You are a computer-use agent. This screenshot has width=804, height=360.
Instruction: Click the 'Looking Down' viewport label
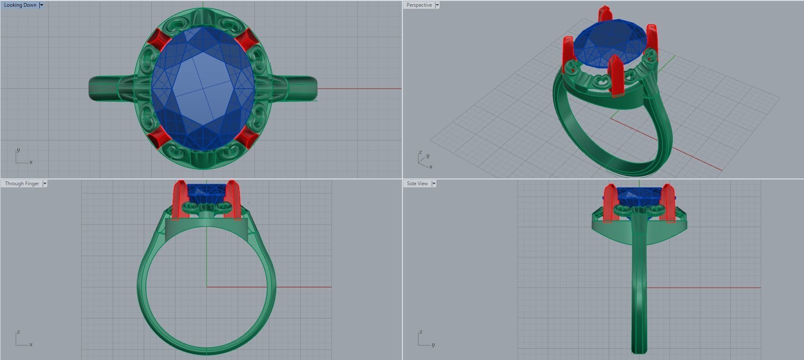click(20, 5)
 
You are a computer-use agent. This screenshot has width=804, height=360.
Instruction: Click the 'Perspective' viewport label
click(419, 5)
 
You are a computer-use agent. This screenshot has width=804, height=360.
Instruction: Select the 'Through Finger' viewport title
click(22, 184)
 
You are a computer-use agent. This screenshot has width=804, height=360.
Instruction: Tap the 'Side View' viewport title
click(417, 184)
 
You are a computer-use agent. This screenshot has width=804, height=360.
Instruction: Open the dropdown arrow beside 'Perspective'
click(437, 5)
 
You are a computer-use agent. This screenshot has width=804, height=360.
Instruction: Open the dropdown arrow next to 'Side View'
click(434, 184)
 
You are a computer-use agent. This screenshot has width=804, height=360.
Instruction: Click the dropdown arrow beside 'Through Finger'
click(45, 184)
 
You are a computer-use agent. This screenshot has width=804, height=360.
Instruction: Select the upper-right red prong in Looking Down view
click(246, 39)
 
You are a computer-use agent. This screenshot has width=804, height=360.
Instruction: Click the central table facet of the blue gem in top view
click(203, 88)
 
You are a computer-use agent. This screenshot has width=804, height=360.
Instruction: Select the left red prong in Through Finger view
click(179, 199)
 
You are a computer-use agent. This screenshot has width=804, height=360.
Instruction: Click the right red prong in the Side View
click(668, 203)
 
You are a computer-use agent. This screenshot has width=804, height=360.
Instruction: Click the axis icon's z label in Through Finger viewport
click(18, 332)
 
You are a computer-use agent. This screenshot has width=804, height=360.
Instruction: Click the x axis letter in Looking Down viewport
click(31, 162)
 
